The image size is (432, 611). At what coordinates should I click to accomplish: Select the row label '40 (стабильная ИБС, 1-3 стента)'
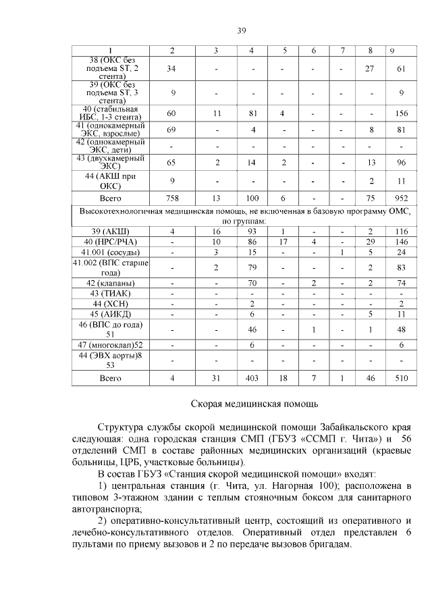coord(110,113)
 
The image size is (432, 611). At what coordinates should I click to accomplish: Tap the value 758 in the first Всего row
coord(171,198)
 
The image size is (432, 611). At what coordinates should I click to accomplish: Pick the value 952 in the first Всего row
coord(401,198)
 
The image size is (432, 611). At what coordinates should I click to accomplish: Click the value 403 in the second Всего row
coord(251,378)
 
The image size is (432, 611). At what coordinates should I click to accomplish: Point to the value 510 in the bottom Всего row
coord(401,378)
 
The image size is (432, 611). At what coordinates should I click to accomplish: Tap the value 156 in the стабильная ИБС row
coord(401,113)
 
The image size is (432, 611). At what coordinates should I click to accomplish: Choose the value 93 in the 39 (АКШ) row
coord(251,232)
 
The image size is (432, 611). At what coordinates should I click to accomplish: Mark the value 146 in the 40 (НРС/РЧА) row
coord(401,242)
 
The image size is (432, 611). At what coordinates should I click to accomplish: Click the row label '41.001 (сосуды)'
coord(110,252)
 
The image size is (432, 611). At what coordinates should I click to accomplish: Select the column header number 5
coord(284,51)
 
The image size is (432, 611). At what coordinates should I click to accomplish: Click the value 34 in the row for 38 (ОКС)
coord(171,69)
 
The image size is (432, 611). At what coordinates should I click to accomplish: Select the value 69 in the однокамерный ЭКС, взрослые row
coord(171,130)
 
